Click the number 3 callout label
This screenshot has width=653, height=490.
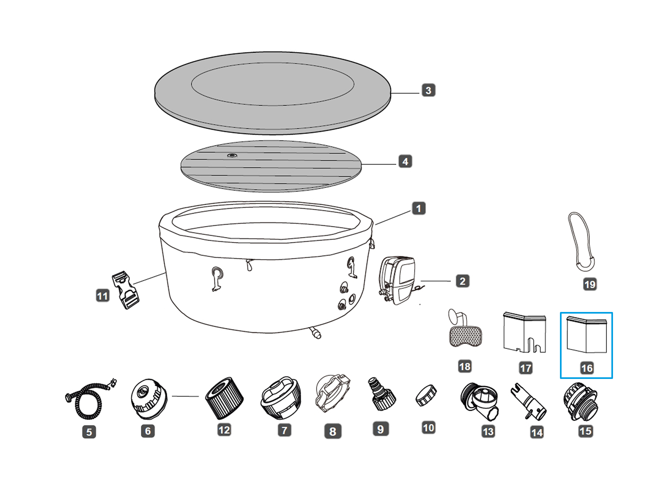(428, 90)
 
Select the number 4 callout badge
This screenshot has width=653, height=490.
(405, 162)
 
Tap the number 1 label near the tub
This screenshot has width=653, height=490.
(418, 209)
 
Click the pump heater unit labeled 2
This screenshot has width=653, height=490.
(398, 281)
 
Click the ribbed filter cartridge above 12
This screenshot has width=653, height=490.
(224, 398)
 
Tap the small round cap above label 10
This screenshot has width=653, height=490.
(426, 395)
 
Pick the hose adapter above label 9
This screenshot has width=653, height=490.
(381, 394)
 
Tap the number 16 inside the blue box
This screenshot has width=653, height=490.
(586, 368)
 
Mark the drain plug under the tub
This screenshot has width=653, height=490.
(315, 332)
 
